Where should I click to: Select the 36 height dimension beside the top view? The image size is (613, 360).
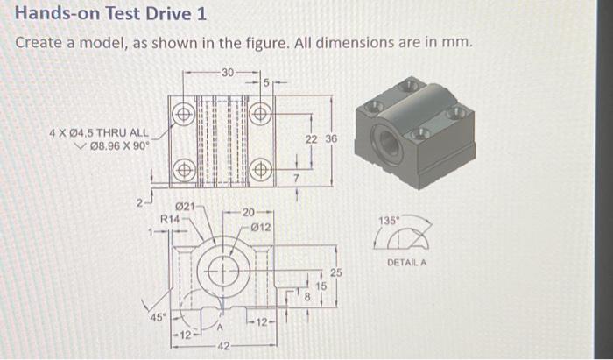[x=330, y=140]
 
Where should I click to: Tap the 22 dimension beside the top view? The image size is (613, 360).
[x=311, y=140]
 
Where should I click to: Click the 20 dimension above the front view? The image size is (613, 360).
[x=250, y=213]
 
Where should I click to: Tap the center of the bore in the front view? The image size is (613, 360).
[x=224, y=272]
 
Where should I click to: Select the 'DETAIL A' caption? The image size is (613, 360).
[x=405, y=262]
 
